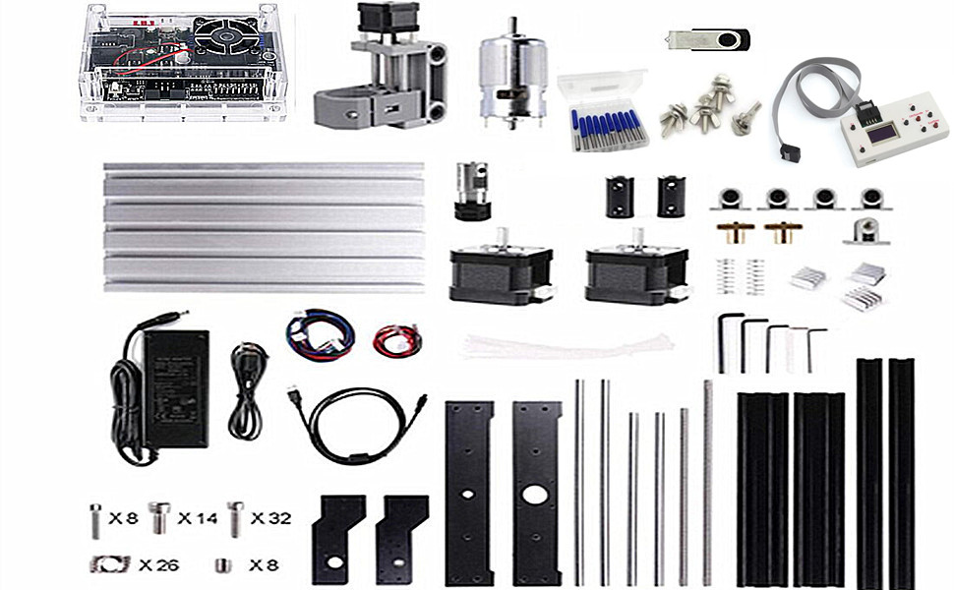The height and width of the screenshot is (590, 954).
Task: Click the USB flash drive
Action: coord(707,39)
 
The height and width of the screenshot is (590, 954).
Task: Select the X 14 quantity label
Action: coord(197,518)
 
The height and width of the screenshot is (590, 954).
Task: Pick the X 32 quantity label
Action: coord(270,518)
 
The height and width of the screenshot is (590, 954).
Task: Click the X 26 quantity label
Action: coord(157,564)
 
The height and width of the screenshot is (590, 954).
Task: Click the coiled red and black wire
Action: coord(397,339)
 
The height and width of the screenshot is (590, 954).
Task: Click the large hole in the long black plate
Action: coord(536,495)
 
